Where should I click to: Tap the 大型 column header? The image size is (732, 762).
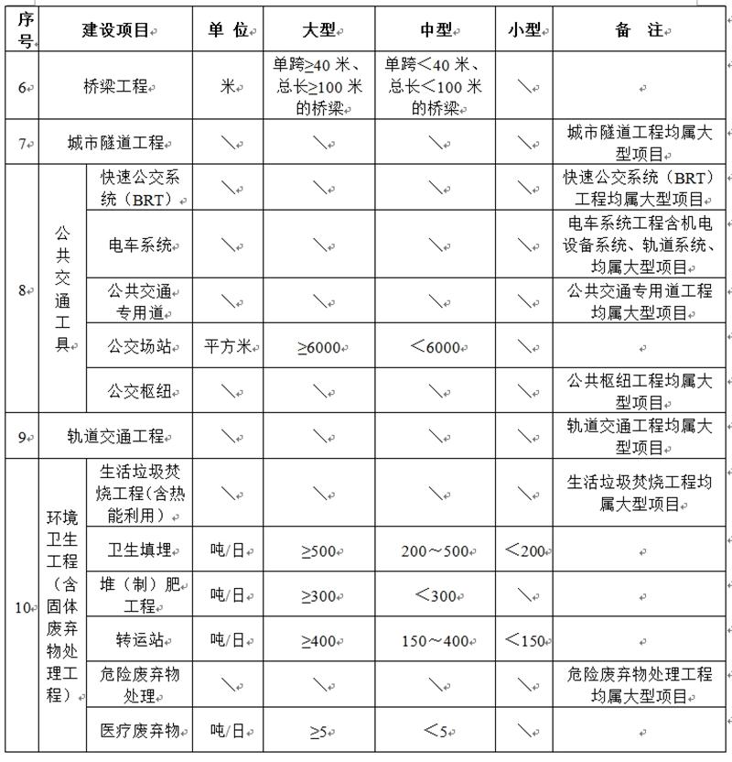coord(318,30)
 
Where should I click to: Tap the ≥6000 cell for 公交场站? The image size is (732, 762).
coord(318,347)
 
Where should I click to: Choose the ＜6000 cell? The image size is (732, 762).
coord(436,347)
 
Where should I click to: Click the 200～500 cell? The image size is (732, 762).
coord(436,551)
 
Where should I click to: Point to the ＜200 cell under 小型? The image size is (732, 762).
coord(526,550)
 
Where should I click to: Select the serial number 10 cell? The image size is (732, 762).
coord(23,607)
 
